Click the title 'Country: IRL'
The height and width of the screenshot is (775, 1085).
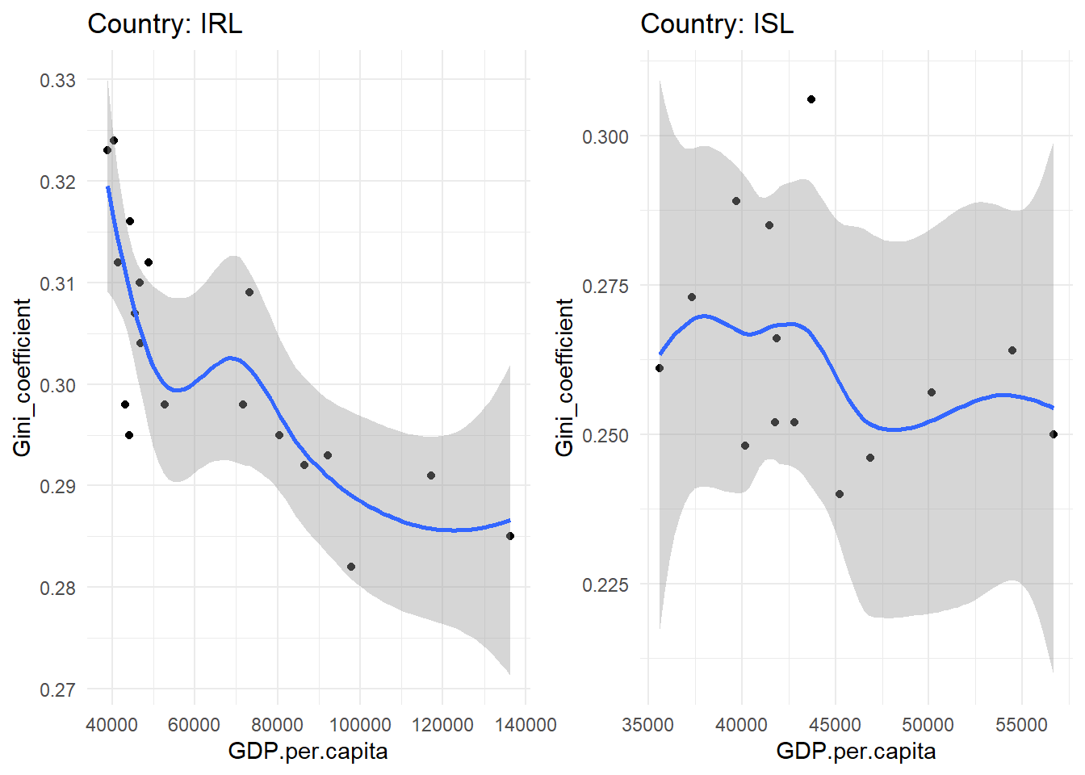point(165,23)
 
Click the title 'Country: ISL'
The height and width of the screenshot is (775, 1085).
point(717,23)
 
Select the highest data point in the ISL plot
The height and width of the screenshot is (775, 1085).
point(811,99)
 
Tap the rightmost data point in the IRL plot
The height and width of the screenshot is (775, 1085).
point(510,536)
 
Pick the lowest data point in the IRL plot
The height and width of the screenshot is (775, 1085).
point(351,567)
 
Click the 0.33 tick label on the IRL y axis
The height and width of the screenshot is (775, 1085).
point(57,80)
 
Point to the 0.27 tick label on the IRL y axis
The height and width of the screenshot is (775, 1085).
point(57,689)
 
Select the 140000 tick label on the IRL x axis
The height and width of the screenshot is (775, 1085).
point(526,724)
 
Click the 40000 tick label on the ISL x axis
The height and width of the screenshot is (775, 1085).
point(741,724)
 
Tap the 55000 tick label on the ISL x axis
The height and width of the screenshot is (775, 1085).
point(1021,724)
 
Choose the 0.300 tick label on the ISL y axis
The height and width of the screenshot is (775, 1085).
point(605,136)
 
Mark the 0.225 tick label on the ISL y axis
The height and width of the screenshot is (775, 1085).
point(605,584)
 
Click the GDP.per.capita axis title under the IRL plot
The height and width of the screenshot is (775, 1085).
point(308,752)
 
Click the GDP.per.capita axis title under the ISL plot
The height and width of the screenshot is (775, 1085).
point(856,752)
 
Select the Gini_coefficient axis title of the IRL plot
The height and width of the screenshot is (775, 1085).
point(22,377)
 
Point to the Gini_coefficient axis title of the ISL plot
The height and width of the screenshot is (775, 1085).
point(564,377)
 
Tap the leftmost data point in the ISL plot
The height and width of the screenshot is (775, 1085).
point(660,368)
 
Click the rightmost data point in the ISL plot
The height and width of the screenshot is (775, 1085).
point(1054,434)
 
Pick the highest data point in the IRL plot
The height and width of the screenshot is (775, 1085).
point(114,140)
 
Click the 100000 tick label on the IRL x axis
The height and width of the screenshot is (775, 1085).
point(360,724)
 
